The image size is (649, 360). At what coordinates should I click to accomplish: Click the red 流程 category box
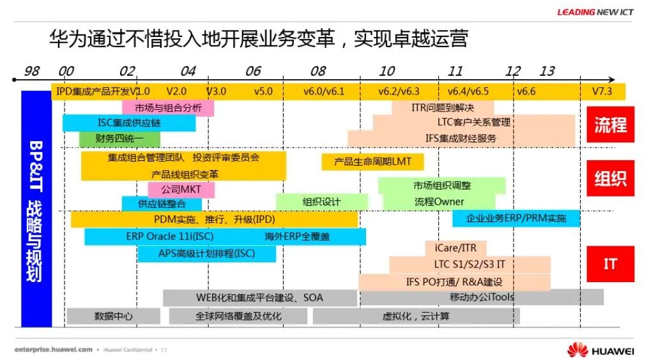(x=610, y=124)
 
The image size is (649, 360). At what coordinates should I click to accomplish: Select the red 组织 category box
(x=610, y=178)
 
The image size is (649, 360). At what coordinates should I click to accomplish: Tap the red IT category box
(x=610, y=263)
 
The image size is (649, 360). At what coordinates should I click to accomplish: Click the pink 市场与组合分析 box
(x=168, y=108)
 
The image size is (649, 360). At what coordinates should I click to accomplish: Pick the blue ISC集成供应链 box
(x=129, y=123)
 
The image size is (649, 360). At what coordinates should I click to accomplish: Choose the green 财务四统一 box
(x=119, y=138)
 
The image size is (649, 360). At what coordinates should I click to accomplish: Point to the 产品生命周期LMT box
(x=372, y=161)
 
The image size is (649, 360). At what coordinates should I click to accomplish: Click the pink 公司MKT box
(x=181, y=190)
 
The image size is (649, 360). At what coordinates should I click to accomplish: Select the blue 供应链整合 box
(x=162, y=204)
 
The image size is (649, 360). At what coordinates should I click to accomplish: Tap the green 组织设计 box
(x=321, y=202)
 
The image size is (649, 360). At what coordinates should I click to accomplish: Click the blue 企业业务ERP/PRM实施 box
(x=515, y=218)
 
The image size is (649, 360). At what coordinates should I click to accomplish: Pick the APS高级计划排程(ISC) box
(x=206, y=253)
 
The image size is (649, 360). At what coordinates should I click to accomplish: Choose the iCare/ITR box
(x=455, y=248)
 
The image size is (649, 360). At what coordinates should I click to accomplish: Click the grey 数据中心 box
(x=114, y=315)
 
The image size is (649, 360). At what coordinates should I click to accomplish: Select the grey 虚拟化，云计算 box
(x=416, y=316)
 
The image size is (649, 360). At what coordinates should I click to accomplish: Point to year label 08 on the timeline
(x=317, y=71)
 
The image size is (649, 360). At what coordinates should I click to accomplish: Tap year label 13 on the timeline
(x=547, y=71)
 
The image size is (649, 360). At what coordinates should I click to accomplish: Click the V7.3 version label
(x=602, y=91)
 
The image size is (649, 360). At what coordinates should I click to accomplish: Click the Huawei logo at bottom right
(x=600, y=350)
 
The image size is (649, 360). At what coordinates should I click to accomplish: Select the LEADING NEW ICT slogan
(x=595, y=11)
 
